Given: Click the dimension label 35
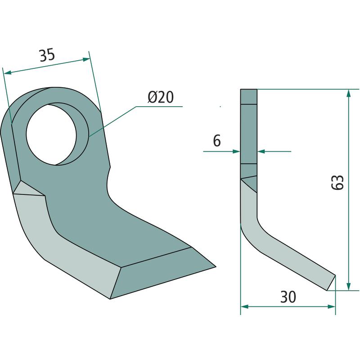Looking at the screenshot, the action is click(47, 55).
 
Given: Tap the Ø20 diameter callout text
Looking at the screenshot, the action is click(161, 97).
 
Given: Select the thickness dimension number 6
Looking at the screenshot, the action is click(217, 140).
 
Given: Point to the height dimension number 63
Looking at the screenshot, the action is click(337, 182).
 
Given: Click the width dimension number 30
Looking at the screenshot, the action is click(288, 297).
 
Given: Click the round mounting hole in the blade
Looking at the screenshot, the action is click(51, 135).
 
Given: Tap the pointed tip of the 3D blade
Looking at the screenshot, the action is click(216, 267).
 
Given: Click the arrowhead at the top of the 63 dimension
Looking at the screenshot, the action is click(348, 93).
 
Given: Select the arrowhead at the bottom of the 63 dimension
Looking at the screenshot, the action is click(348, 287).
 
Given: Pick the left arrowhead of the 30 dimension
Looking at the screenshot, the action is click(244, 306).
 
